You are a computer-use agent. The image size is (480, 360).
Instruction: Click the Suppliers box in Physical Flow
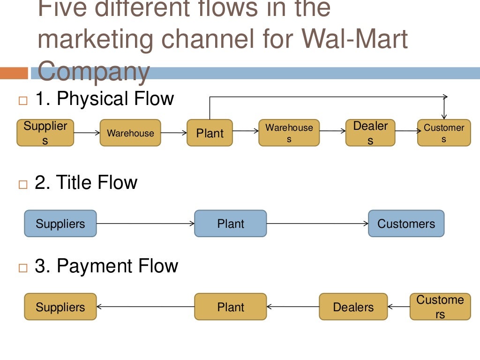pyautogui.click(x=45, y=133)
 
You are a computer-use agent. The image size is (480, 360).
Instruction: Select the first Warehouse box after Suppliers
pyautogui.click(x=130, y=133)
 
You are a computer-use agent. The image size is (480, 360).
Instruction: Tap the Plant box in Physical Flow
pyautogui.click(x=210, y=133)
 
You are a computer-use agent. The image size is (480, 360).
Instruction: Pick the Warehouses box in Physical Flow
pyautogui.click(x=289, y=133)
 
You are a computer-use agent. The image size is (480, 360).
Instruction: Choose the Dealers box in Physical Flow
pyautogui.click(x=370, y=133)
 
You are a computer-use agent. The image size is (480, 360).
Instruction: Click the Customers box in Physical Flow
pyautogui.click(x=443, y=133)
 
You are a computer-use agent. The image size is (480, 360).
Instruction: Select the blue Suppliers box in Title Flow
pyautogui.click(x=60, y=224)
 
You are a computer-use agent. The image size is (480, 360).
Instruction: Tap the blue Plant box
pyautogui.click(x=230, y=224)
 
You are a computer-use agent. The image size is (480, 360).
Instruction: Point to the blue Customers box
pyautogui.click(x=406, y=224)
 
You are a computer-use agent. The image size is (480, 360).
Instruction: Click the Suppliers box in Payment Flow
pyautogui.click(x=60, y=307)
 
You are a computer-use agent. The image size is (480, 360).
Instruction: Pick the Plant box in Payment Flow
pyautogui.click(x=230, y=307)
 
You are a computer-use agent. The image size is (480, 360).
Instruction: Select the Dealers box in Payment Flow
pyautogui.click(x=353, y=307)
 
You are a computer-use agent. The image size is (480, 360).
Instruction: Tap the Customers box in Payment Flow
pyautogui.click(x=440, y=307)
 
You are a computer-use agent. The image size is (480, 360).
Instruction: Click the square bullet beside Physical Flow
pyautogui.click(x=23, y=100)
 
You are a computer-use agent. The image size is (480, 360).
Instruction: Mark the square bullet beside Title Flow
pyautogui.click(x=23, y=184)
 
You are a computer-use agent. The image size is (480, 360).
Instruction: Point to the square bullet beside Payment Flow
pyautogui.click(x=23, y=268)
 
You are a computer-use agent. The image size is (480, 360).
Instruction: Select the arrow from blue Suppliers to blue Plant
pyautogui.click(x=145, y=224)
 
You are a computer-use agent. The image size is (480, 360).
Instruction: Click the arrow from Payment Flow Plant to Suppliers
pyautogui.click(x=145, y=307)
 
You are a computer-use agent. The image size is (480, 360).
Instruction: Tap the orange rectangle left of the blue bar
pyautogui.click(x=14, y=73)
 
